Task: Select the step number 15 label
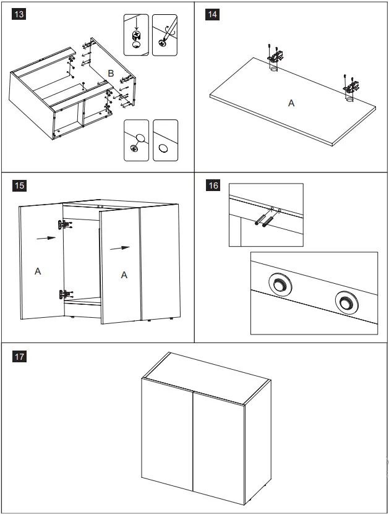(x=19, y=185)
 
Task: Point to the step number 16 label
(x=213, y=185)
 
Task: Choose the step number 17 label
(x=19, y=356)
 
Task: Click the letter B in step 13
(x=111, y=74)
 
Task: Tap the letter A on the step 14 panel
(x=291, y=103)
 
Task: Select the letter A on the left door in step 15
(x=38, y=271)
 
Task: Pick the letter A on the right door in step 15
(x=124, y=275)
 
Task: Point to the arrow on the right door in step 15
(x=121, y=249)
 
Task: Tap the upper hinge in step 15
(x=64, y=226)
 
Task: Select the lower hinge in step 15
(x=64, y=295)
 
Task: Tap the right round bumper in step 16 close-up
(x=346, y=302)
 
